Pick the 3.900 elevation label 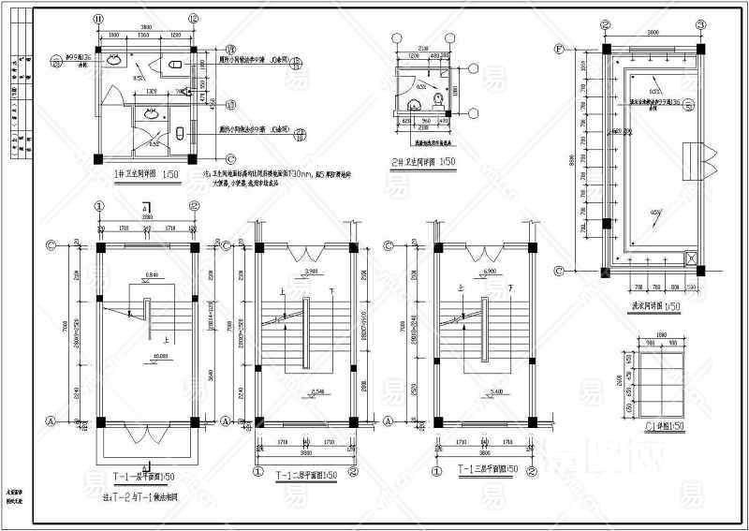[301, 271]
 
